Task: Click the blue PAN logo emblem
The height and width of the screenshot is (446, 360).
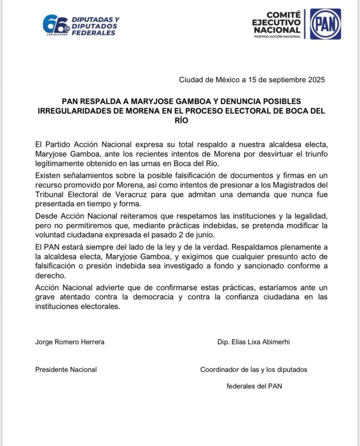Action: (325, 24)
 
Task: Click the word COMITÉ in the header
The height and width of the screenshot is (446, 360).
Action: (283, 14)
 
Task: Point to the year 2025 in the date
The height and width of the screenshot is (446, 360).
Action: (315, 80)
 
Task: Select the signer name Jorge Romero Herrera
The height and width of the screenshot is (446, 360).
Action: (70, 342)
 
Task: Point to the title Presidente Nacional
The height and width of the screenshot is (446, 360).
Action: (66, 370)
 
